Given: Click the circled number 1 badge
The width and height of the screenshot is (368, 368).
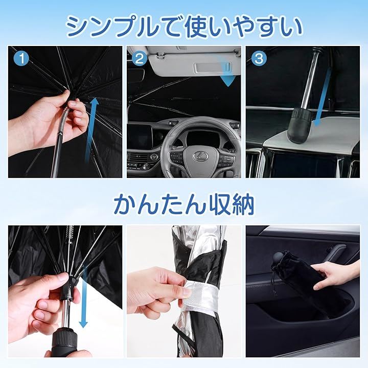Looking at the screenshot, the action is point(21,58).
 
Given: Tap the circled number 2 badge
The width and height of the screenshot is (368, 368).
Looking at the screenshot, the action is point(140,58).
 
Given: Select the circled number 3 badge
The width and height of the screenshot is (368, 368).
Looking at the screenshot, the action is point(259,58).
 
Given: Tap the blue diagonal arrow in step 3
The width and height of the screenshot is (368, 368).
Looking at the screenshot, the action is point(322,98).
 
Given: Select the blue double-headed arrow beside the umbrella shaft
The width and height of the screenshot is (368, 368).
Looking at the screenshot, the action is point(83,297).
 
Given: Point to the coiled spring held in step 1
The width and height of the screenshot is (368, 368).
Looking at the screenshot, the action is point(63,120).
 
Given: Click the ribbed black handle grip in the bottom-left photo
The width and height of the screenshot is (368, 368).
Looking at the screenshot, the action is point(64,342).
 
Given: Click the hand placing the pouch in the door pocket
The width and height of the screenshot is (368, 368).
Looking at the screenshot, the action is point(336,274).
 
